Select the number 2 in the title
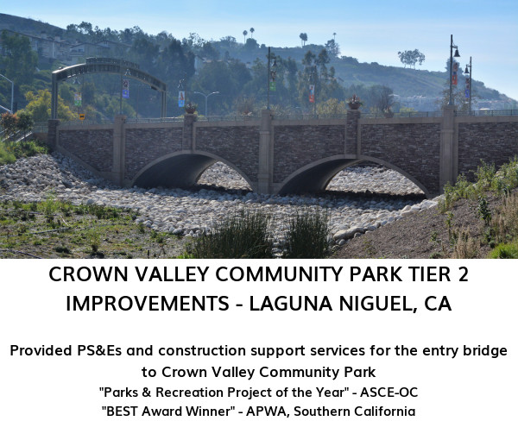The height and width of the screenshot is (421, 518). click(x=463, y=274)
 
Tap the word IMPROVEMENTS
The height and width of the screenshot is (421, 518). click(x=148, y=304)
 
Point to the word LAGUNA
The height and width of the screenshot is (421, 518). click(x=291, y=304)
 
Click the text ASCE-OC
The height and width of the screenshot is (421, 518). click(x=388, y=393)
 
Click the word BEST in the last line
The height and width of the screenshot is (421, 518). click(x=120, y=412)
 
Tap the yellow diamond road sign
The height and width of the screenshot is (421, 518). click(x=82, y=116)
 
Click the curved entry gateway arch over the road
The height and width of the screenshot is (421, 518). click(x=109, y=66)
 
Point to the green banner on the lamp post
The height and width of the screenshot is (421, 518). click(x=273, y=85)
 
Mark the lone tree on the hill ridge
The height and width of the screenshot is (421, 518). click(x=411, y=58)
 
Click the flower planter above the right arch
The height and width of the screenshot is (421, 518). click(x=355, y=103)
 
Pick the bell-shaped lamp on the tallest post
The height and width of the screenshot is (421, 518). click(x=456, y=52)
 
